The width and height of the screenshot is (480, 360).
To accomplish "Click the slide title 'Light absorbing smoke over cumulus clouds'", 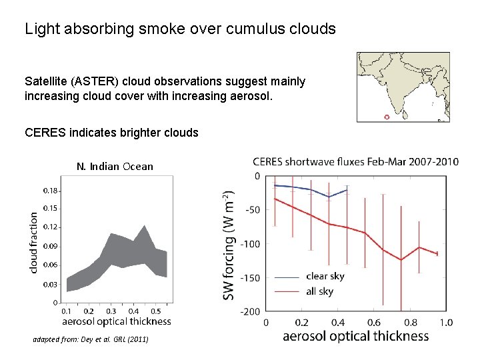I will (180, 29).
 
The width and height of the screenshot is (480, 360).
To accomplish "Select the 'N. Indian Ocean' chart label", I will (115, 167).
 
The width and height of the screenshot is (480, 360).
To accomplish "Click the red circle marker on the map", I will (387, 117).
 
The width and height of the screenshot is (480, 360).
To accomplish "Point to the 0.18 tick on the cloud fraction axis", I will (51, 191).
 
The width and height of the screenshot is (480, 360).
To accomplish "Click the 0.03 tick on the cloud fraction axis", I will (51, 285).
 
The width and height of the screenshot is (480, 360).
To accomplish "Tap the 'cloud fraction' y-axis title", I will (33, 242).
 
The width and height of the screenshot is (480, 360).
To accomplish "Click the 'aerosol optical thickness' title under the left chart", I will (115, 321).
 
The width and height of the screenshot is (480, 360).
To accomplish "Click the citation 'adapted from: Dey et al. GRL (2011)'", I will (91, 340).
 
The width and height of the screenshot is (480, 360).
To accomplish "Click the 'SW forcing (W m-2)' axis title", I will (229, 244).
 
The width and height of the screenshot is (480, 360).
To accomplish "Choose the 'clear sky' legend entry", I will (325, 276).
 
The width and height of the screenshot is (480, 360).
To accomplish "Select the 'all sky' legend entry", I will (321, 291).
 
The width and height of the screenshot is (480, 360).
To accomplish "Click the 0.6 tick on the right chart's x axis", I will (373, 323).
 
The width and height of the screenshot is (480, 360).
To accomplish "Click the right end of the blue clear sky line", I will (347, 190).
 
